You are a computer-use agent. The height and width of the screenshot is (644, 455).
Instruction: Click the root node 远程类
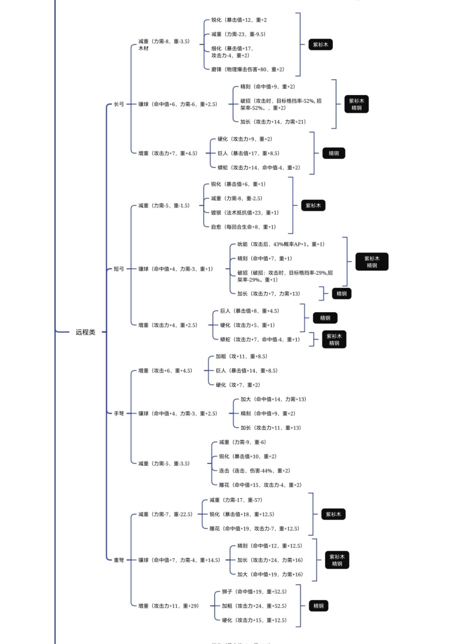[85, 332]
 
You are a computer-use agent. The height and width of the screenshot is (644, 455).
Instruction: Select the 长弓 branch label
[119, 104]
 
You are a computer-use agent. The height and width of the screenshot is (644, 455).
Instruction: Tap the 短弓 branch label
[119, 269]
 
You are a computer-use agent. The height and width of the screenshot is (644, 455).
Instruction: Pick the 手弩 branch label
[119, 413]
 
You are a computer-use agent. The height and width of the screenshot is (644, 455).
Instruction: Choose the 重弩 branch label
[119, 560]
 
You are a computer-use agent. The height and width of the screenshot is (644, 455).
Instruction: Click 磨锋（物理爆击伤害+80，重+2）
[248, 69]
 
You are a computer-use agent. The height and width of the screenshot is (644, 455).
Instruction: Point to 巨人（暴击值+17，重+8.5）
[248, 153]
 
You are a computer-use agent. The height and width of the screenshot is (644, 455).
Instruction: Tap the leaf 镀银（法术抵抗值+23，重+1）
[245, 213]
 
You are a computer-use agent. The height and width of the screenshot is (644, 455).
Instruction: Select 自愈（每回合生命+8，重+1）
[243, 227]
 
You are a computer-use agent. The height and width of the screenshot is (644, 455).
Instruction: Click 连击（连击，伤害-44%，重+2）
[254, 470]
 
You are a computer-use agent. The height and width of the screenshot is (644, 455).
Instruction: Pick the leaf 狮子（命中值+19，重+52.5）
[254, 592]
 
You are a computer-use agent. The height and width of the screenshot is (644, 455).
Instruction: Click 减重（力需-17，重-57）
[235, 500]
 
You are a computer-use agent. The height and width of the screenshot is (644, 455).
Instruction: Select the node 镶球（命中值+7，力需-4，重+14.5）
[179, 560]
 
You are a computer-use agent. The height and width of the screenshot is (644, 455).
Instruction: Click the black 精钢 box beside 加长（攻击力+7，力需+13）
[341, 294]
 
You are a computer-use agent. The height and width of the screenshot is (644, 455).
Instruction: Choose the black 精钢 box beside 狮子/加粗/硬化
[318, 606]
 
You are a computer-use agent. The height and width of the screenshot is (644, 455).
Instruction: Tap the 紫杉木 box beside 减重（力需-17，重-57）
[333, 514]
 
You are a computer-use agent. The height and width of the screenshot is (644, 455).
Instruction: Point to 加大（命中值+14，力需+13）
[273, 399]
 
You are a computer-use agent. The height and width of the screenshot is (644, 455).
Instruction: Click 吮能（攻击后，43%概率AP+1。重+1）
[281, 244]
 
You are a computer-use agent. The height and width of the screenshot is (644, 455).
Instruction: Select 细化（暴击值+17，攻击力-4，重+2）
[232, 52]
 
